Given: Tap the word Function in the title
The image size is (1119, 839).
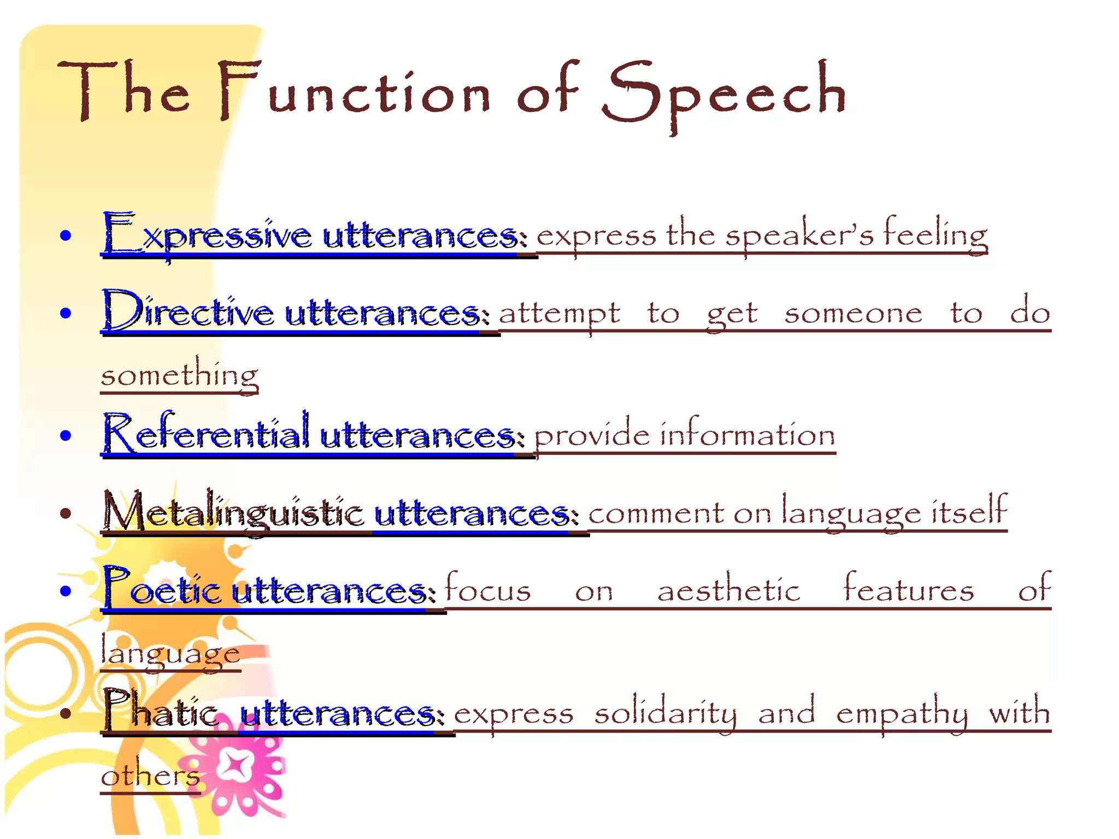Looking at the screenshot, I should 354,92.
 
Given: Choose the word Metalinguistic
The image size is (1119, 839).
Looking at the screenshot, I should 233,512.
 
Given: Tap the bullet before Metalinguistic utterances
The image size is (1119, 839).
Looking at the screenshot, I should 66,513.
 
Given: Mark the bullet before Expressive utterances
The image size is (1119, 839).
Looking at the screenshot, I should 66,235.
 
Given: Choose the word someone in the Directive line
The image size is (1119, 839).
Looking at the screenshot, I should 853,313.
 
